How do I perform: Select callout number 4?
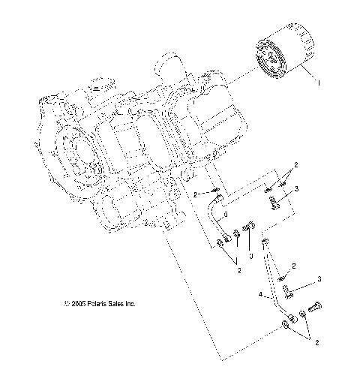click(x=260, y=296)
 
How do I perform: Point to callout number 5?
click(x=225, y=215)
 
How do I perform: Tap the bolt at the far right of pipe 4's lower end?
click(x=313, y=307)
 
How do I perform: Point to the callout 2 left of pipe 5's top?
click(x=196, y=194)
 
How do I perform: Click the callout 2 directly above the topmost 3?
click(x=295, y=164)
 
